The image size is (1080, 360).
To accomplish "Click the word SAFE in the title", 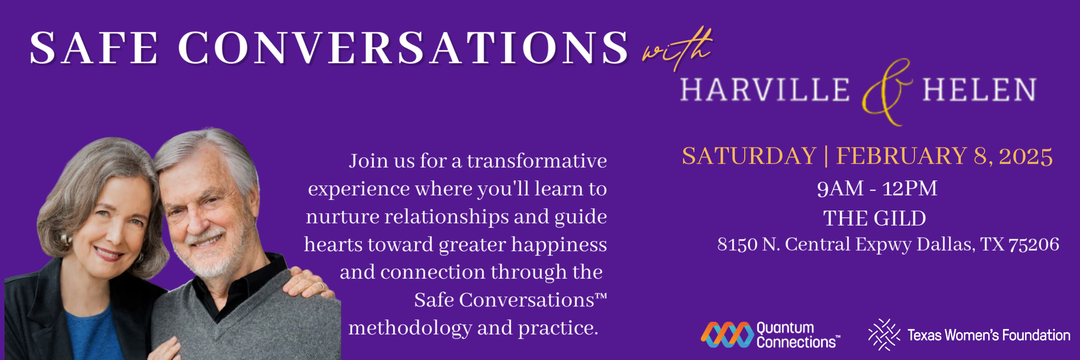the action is point(94,48).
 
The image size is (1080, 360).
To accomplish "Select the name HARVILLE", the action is point(765,90).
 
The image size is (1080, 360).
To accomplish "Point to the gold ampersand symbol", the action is point(886,92).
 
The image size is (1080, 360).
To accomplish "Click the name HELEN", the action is point(979,90).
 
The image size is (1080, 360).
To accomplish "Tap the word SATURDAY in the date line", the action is point(749,156).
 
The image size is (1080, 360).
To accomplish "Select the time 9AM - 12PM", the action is point(877,188).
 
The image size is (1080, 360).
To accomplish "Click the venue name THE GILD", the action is point(875,218).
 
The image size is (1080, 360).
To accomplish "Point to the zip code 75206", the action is point(1034,244).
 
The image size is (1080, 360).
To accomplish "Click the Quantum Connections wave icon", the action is point(727,334).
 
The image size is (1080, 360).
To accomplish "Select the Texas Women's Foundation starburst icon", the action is point(884,334).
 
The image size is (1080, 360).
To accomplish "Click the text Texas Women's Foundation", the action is point(989,335).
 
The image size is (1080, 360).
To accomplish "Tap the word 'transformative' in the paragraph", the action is point(537,161).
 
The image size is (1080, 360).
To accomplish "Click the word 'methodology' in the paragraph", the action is point(410,328).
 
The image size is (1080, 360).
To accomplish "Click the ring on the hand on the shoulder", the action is point(321,286).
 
